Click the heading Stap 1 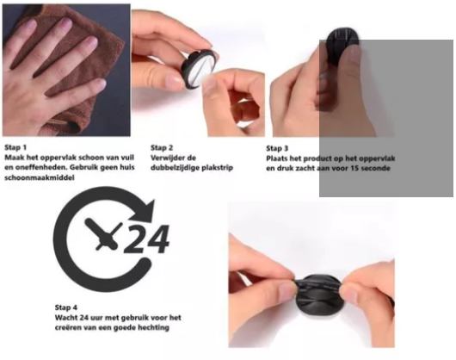[15, 147]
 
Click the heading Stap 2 [162, 148]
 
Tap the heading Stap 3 [277, 148]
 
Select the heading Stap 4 [66, 307]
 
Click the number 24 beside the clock [147, 239]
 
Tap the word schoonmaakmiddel [40, 177]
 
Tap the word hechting [153, 327]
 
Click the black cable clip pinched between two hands [317, 292]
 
